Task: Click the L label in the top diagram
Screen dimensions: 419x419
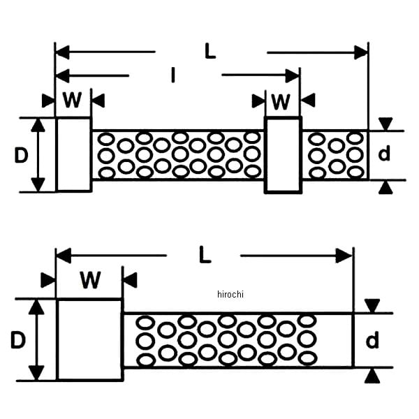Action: tap(210, 51)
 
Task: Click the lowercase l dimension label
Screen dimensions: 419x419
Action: tap(173, 75)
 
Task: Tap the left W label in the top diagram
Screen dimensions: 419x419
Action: tap(72, 101)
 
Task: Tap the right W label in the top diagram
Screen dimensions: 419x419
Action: tap(280, 102)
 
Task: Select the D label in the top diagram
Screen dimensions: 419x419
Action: tap(21, 155)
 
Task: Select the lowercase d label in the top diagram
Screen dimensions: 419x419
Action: tap(384, 154)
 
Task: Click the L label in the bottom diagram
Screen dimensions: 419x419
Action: tap(204, 255)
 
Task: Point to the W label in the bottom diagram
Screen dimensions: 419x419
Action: tap(89, 281)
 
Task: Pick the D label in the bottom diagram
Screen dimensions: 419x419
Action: tap(18, 341)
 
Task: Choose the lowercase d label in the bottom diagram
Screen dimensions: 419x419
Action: tap(373, 341)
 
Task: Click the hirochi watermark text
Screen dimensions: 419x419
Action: tap(230, 294)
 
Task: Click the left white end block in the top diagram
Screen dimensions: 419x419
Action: tap(73, 154)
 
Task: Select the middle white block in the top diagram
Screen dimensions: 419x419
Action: tap(283, 155)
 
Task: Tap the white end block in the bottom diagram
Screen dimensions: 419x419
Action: tap(89, 339)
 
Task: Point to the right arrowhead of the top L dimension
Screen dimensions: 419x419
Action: tap(361, 52)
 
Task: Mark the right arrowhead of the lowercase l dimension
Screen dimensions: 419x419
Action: tap(293, 75)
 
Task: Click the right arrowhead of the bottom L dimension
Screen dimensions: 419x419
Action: tap(344, 256)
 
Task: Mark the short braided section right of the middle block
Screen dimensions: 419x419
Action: tap(335, 155)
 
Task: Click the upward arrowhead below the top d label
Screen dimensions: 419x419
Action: tap(385, 187)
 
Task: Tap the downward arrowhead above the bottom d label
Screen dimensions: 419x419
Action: tap(373, 305)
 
